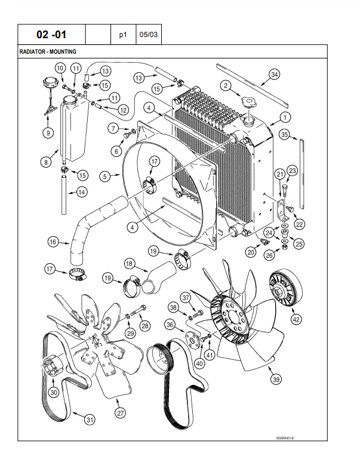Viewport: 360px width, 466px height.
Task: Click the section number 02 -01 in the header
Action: pos(52,35)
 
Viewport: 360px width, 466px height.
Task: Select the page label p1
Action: pos(124,35)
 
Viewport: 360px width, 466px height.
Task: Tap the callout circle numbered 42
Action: pos(296,319)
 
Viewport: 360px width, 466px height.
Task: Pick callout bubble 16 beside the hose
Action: pos(54,242)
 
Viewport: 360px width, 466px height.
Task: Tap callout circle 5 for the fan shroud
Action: pos(105,176)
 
